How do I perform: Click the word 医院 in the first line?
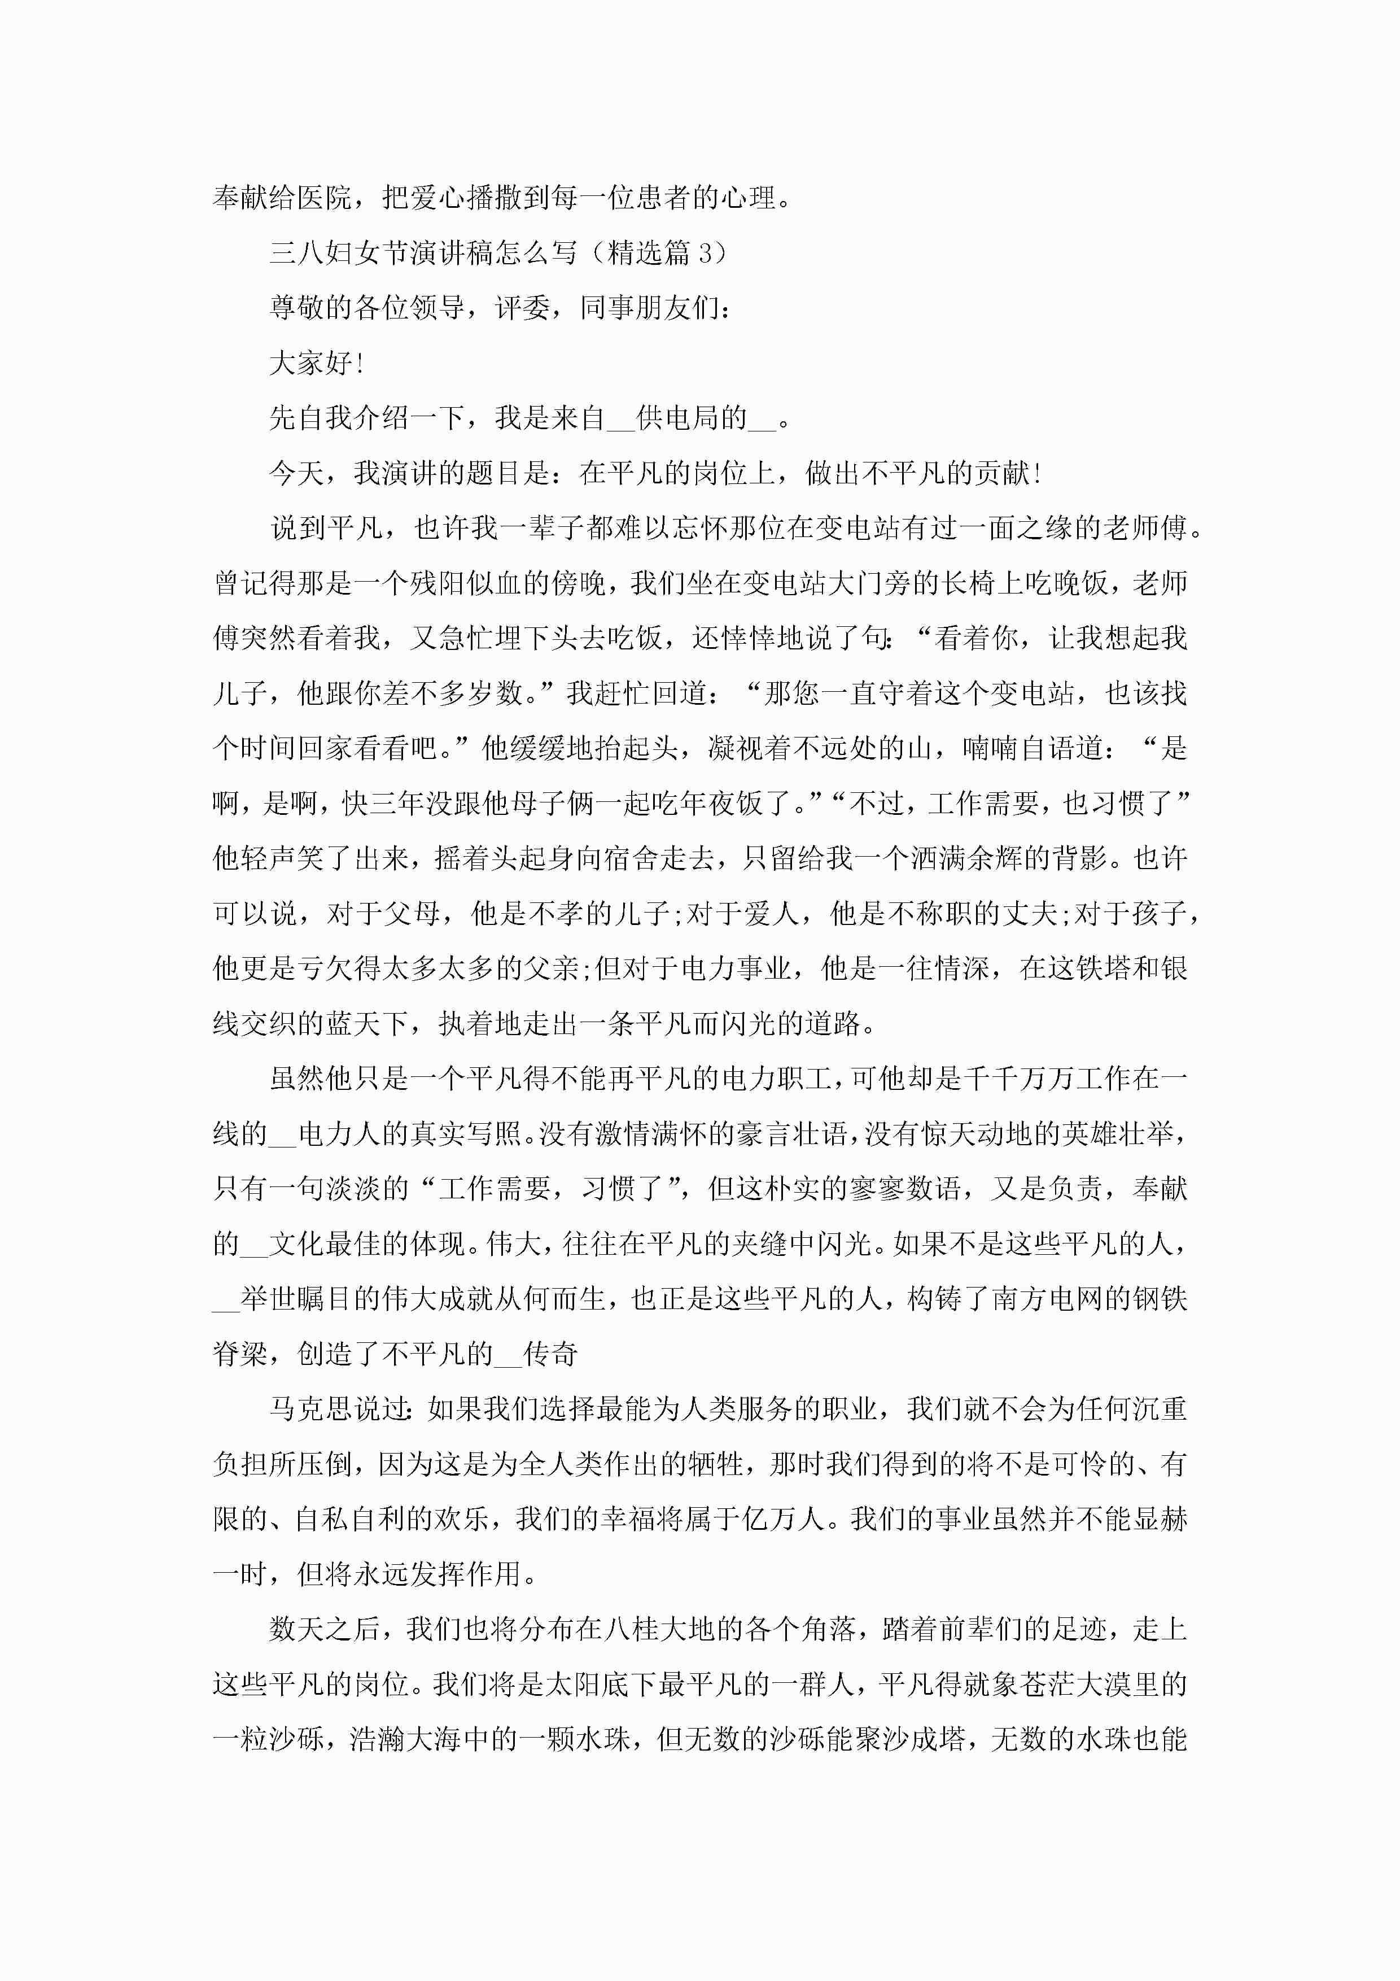(325, 198)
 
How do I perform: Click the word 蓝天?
(353, 1023)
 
